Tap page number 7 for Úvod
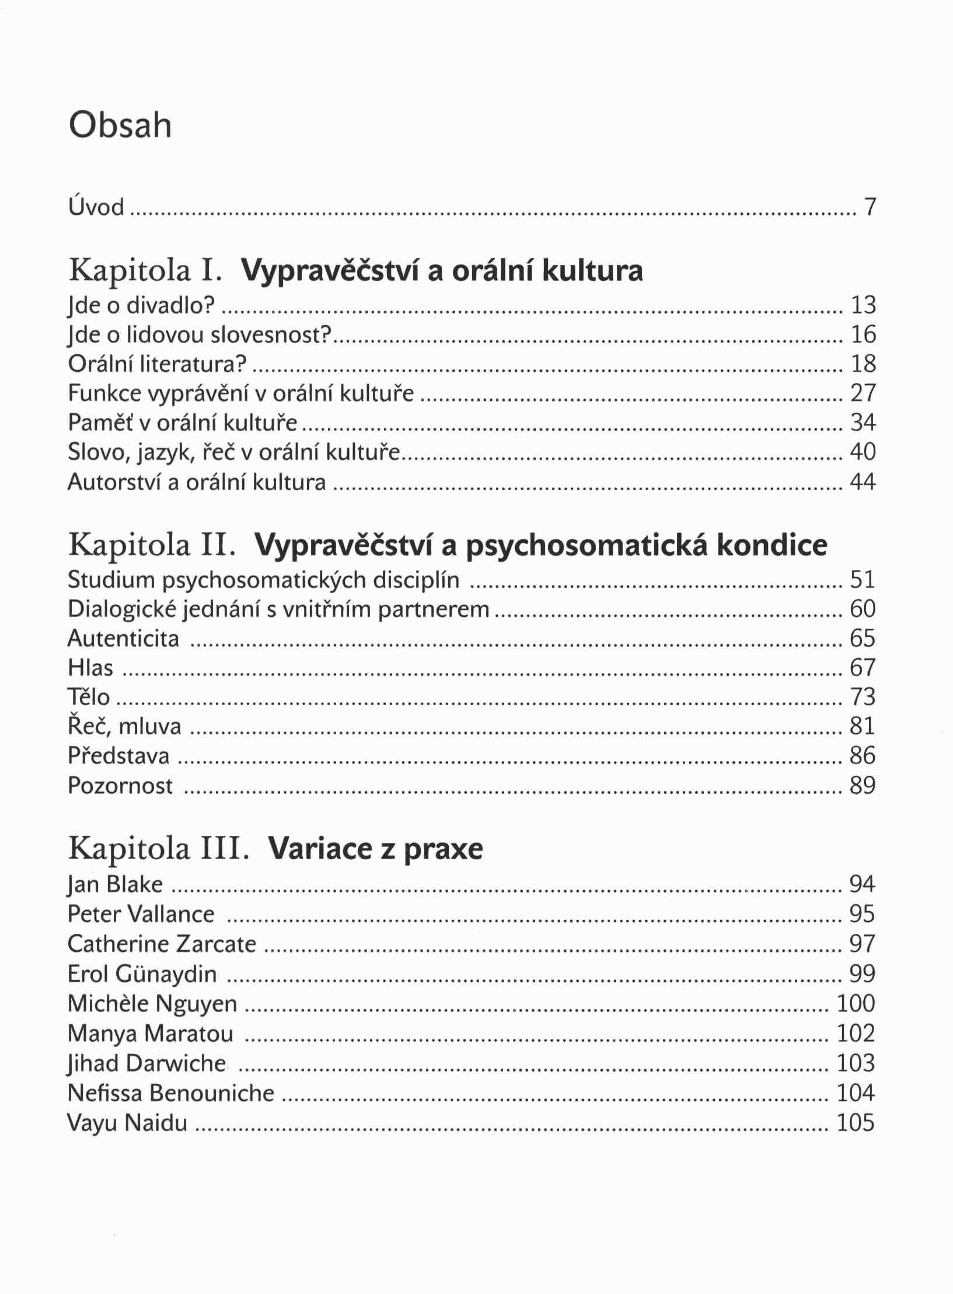[870, 207]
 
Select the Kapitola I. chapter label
[144, 270]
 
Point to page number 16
[863, 334]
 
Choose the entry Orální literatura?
[157, 364]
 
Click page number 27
[863, 393]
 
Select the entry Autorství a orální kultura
[197, 483]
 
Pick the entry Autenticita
[123, 638]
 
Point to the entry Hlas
[90, 668]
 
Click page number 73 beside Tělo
[863, 697]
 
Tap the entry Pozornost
[120, 786]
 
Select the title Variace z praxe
[375, 849]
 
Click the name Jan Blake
[115, 884]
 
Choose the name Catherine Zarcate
[162, 944]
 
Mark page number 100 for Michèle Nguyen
[856, 1003]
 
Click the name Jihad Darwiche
[146, 1063]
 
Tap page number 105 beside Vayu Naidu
[856, 1122]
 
